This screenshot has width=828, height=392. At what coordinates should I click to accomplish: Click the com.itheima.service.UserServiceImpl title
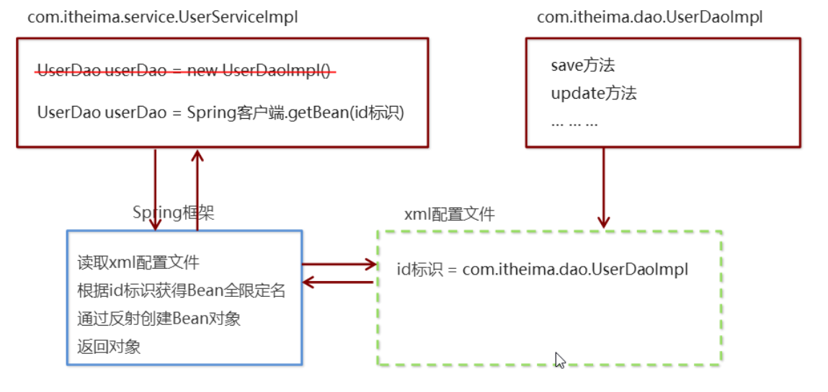[x=163, y=17]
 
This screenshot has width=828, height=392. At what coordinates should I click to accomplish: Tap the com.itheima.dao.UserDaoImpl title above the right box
[x=649, y=17]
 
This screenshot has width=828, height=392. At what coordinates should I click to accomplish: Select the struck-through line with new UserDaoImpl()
[x=187, y=71]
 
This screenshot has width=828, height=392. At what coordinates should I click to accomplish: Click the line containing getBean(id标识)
[x=221, y=113]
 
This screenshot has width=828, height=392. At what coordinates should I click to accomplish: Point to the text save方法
[x=583, y=66]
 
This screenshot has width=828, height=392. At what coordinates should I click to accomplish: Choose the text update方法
[x=594, y=94]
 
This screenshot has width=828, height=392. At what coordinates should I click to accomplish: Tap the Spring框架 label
[x=173, y=213]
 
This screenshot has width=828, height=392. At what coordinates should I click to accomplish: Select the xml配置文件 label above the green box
[x=450, y=215]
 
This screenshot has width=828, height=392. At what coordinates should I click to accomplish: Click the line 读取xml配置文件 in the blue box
[x=138, y=262]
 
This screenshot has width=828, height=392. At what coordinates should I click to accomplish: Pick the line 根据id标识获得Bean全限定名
[x=181, y=290]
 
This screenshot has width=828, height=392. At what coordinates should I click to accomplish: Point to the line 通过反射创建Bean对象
[x=159, y=319]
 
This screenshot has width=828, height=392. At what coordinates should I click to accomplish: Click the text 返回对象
[x=109, y=347]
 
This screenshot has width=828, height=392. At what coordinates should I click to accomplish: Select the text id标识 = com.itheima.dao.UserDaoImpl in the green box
[x=543, y=269]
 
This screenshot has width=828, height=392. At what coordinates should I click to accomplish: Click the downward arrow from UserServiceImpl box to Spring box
[x=155, y=190]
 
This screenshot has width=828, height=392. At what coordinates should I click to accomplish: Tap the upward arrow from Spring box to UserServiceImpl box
[x=197, y=190]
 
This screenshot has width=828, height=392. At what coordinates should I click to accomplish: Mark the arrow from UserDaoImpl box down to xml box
[x=604, y=187]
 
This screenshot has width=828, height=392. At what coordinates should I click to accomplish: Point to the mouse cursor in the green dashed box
[x=560, y=360]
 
